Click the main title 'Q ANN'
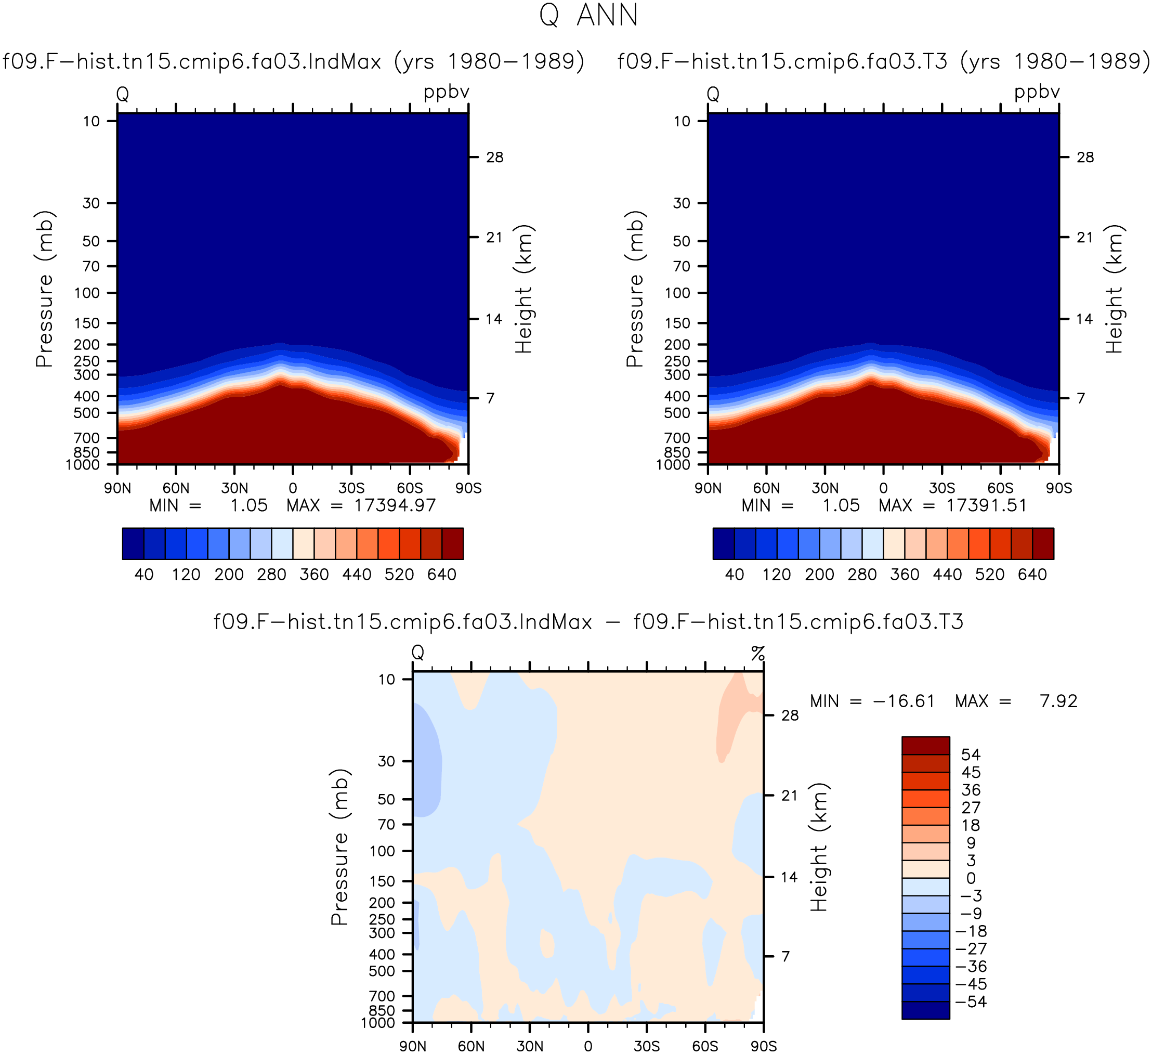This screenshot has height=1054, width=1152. [588, 16]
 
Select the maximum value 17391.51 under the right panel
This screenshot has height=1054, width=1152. [987, 505]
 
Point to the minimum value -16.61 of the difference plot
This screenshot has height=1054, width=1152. [904, 701]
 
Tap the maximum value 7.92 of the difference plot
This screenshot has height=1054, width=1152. [1059, 701]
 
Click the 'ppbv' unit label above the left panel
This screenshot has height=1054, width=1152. [446, 92]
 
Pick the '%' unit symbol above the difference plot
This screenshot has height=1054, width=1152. [758, 653]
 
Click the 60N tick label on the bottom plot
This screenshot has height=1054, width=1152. [472, 1046]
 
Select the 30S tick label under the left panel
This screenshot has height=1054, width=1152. [351, 488]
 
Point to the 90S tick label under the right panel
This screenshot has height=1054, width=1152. [1059, 488]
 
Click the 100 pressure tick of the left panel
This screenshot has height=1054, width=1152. [87, 293]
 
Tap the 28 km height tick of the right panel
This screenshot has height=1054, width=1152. [1085, 157]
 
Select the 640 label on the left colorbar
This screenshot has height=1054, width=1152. [442, 575]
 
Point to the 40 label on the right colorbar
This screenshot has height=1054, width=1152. [734, 575]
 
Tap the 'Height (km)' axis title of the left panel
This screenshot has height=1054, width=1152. [523, 289]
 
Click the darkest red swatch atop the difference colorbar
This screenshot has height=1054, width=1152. [926, 745]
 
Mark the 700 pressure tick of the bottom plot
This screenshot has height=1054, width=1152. [382, 996]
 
